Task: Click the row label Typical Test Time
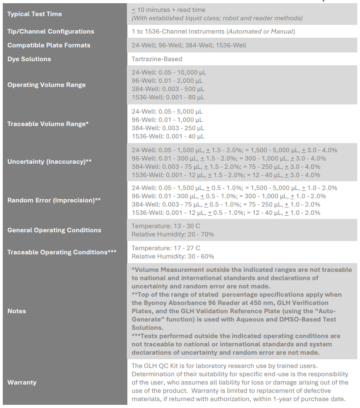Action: [34, 14]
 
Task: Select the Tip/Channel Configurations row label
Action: [51, 31]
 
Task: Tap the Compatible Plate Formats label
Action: [49, 45]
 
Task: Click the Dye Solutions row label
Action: [29, 59]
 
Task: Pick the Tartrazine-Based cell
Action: [157, 59]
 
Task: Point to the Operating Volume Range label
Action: [46, 85]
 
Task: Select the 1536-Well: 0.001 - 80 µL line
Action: [168, 97]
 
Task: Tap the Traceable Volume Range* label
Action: [48, 124]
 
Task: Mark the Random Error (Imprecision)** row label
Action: [54, 200]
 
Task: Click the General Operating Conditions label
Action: [54, 230]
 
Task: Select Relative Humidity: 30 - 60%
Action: [173, 256]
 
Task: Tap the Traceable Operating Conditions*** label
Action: [62, 252]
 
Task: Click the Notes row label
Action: [17, 311]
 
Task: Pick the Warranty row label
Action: [22, 382]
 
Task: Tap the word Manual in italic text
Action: [282, 31]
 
